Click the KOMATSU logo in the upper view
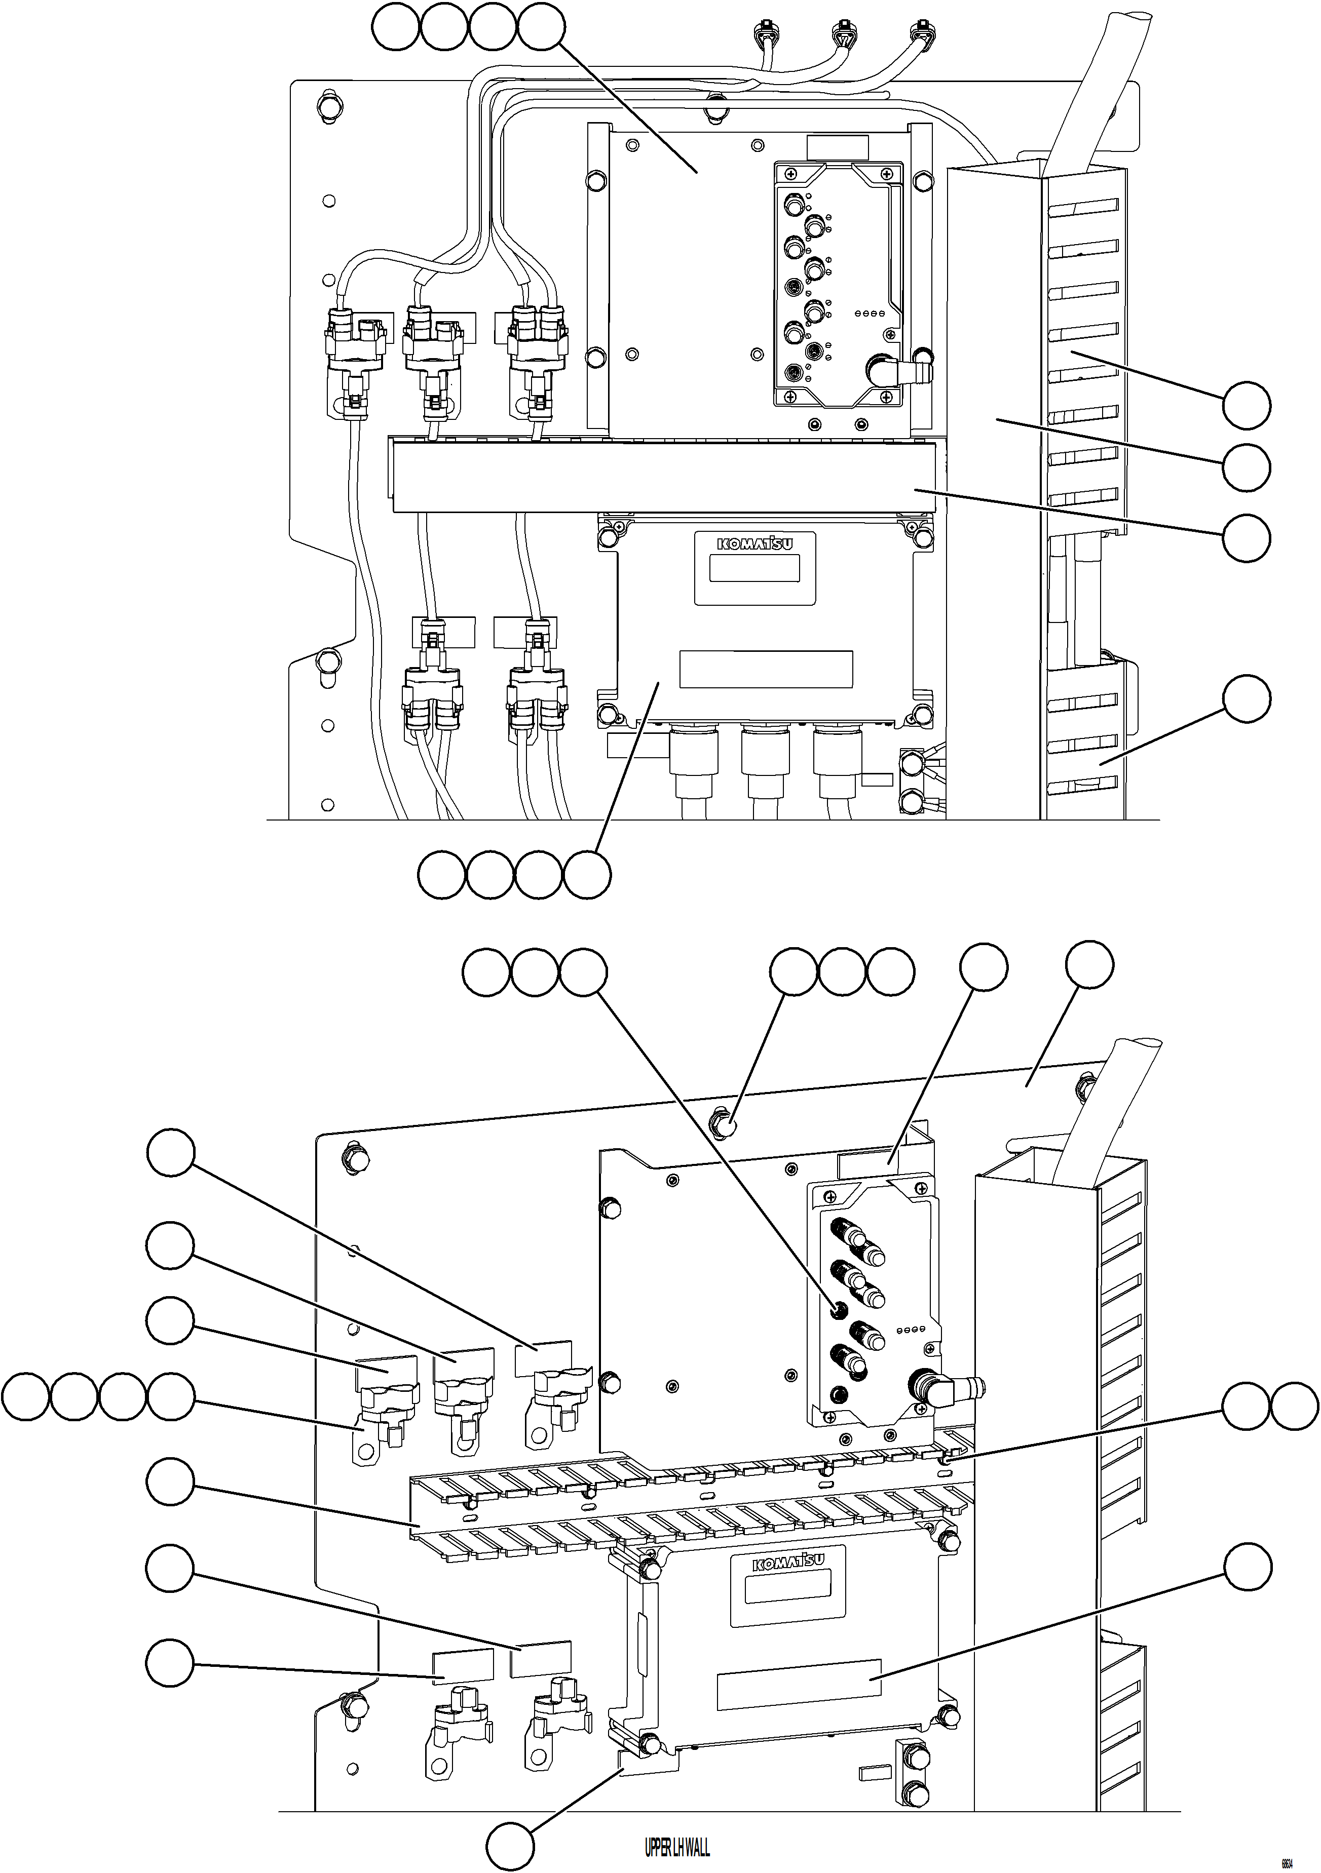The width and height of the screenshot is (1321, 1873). pyautogui.click(x=754, y=544)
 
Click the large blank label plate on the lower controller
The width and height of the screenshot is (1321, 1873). pyautogui.click(x=799, y=1683)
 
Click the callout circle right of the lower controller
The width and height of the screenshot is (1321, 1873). pyautogui.click(x=1246, y=1566)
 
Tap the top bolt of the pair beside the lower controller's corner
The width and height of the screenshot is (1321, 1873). pyautogui.click(x=912, y=1754)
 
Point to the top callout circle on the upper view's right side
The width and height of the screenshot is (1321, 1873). pyautogui.click(x=1246, y=405)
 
